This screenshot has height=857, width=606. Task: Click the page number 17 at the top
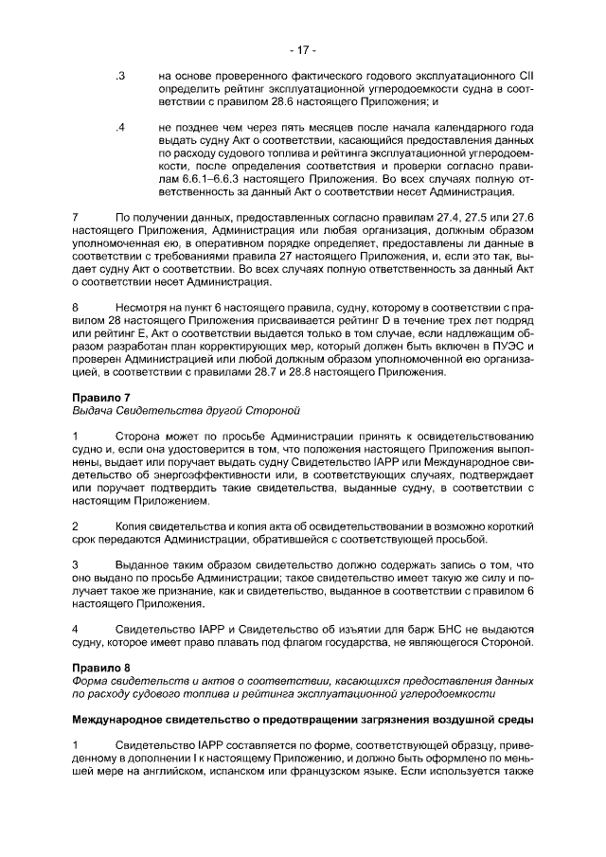[303, 50]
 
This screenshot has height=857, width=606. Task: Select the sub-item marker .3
[119, 75]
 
